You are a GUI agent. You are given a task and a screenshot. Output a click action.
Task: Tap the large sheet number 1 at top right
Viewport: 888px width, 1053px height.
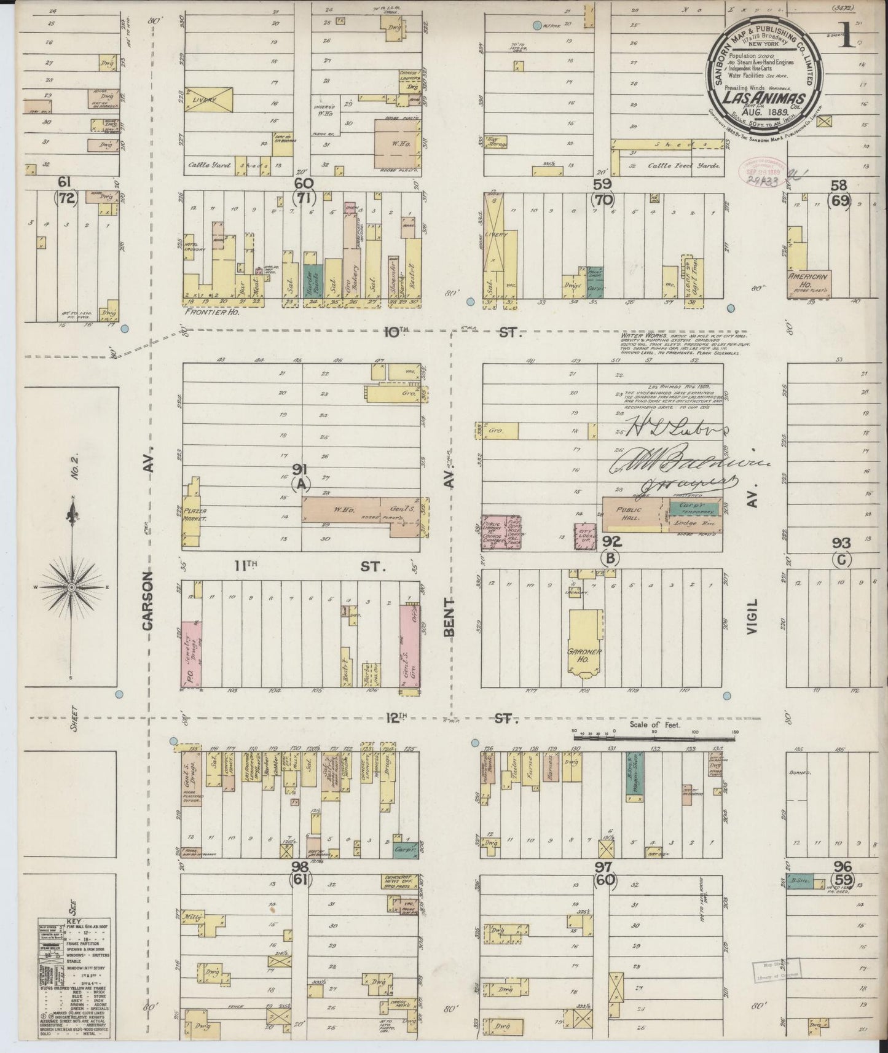(847, 36)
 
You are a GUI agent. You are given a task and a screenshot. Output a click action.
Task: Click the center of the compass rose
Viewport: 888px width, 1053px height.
(72, 587)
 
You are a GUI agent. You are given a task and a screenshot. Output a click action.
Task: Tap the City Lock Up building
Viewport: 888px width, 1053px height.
(584, 539)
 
